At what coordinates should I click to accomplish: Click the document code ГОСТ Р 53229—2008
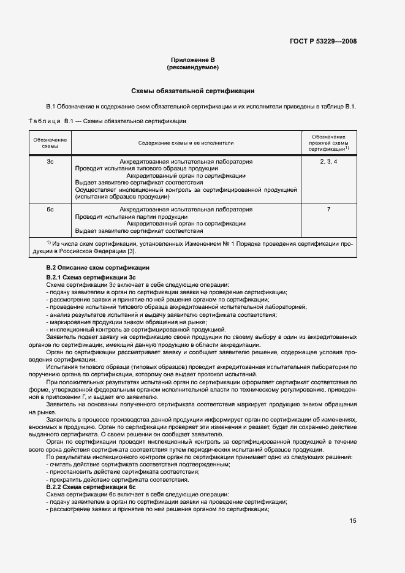[323, 42]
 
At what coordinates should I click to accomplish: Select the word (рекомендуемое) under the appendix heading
[193, 67]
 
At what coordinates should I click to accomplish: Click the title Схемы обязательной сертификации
[193, 91]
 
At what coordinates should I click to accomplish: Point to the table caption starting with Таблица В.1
[108, 121]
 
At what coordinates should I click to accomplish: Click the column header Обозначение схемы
[50, 143]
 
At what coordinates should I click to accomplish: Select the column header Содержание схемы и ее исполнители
[186, 143]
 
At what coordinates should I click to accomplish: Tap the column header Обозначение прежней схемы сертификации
[328, 143]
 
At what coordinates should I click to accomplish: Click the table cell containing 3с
[50, 162]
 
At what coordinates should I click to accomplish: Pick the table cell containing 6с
[50, 210]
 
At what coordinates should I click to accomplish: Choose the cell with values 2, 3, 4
[328, 162]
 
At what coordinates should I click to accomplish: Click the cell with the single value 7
[328, 210]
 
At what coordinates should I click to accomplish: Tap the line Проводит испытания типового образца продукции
[146, 169]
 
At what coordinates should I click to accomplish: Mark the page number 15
[353, 521]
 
